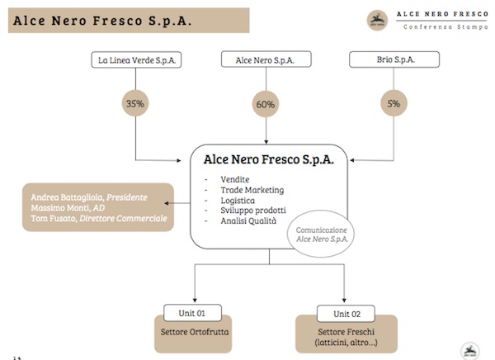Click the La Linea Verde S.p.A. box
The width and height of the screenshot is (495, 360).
click(x=138, y=59)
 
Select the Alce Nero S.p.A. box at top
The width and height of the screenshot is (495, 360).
click(x=266, y=59)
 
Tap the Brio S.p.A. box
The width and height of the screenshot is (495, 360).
click(x=394, y=59)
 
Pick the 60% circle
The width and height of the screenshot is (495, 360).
click(x=266, y=104)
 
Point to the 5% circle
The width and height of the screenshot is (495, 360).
click(x=394, y=104)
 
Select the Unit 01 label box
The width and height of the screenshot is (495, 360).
click(x=194, y=313)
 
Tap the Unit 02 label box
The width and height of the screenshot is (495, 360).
click(x=345, y=313)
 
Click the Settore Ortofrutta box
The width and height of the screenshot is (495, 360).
click(x=193, y=334)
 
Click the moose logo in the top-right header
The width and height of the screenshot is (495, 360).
click(x=375, y=18)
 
